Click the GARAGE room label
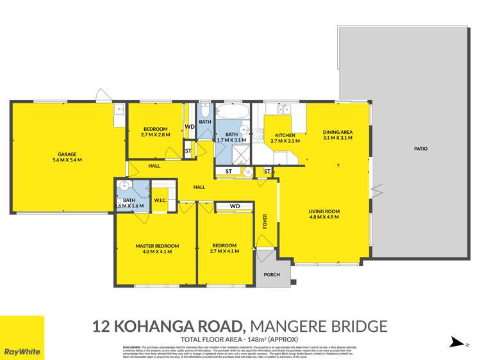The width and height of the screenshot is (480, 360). [67, 154]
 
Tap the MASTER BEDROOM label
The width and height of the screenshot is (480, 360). [156, 246]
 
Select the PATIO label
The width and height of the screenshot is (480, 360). [420, 149]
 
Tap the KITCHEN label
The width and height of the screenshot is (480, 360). [285, 135]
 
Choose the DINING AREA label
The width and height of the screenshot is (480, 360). [338, 133]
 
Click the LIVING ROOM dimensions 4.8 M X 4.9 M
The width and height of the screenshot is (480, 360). [324, 218]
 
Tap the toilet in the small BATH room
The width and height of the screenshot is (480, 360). [204, 110]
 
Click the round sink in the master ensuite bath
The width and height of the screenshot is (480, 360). [125, 186]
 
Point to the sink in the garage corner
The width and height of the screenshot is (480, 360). [119, 111]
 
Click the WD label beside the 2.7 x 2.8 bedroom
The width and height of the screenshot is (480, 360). [189, 127]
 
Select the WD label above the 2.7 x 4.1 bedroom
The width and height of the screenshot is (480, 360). [235, 206]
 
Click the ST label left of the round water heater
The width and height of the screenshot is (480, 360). [228, 172]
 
